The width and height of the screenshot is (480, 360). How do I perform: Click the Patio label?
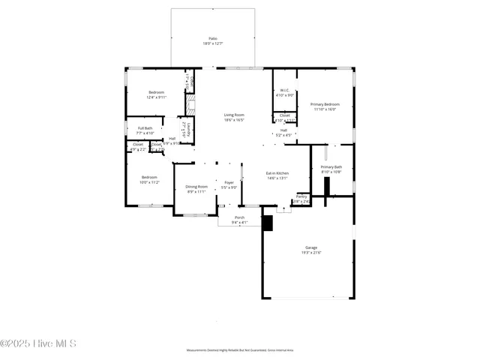213,37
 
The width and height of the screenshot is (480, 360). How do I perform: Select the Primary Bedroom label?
325,104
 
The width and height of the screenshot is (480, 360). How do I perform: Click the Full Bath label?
145,128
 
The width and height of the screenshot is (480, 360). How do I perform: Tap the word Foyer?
229,182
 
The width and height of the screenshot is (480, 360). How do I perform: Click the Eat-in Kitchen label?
277,173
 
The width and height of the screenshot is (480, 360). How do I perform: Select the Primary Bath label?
331,166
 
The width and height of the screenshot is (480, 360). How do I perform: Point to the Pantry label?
301,196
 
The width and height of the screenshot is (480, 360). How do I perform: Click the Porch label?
240,217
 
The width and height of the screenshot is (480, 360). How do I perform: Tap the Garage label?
310,247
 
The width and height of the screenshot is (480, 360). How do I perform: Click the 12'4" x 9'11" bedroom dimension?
156,97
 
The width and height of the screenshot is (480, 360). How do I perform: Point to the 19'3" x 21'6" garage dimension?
310,253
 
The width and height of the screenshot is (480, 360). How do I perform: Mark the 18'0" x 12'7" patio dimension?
213,43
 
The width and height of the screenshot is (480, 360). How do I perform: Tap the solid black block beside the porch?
267,223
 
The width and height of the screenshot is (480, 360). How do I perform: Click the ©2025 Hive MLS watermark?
38,343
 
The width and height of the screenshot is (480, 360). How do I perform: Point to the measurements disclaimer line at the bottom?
240,350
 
